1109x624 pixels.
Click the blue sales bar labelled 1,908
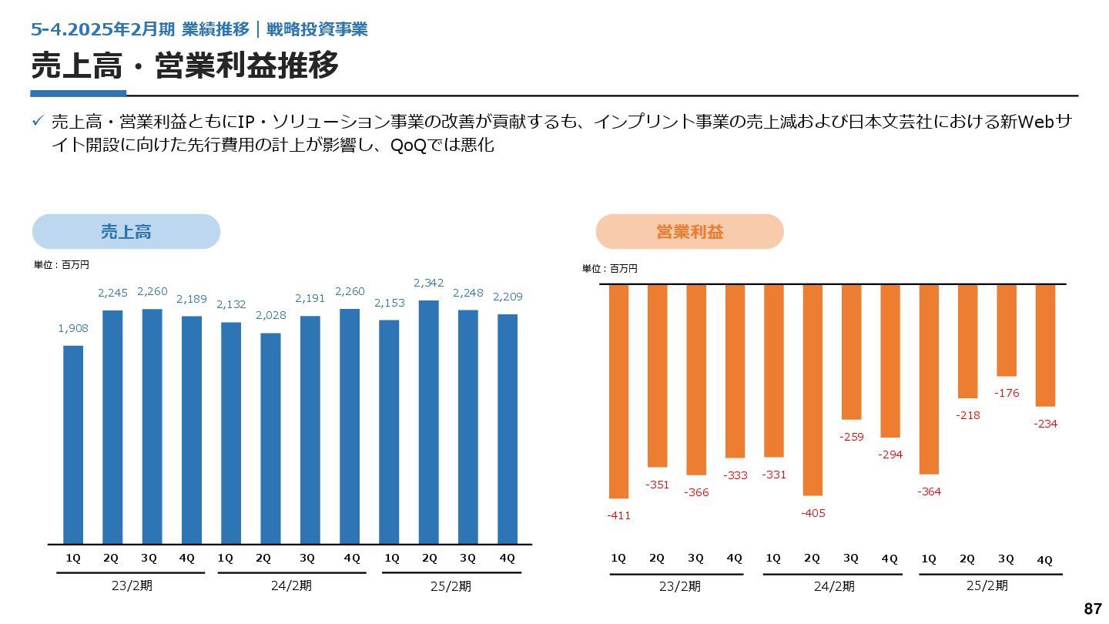[73, 445]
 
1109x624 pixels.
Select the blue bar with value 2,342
[429, 421]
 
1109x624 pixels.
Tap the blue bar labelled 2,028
[270, 438]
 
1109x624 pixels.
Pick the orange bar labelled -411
[618, 391]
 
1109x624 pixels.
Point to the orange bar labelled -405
[812, 390]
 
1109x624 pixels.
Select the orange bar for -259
[851, 352]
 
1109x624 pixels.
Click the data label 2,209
[508, 297]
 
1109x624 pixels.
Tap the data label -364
[929, 491]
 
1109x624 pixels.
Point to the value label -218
[967, 415]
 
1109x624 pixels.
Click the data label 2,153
[389, 303]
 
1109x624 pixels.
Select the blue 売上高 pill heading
[126, 231]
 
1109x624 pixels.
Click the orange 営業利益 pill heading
[689, 231]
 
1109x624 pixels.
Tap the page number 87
[1092, 609]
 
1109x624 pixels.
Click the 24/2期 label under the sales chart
[291, 585]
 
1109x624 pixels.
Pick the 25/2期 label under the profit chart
[987, 585]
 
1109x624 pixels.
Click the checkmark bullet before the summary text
[37, 122]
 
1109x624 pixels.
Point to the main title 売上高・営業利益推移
[185, 66]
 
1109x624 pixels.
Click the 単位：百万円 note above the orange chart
[609, 269]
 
